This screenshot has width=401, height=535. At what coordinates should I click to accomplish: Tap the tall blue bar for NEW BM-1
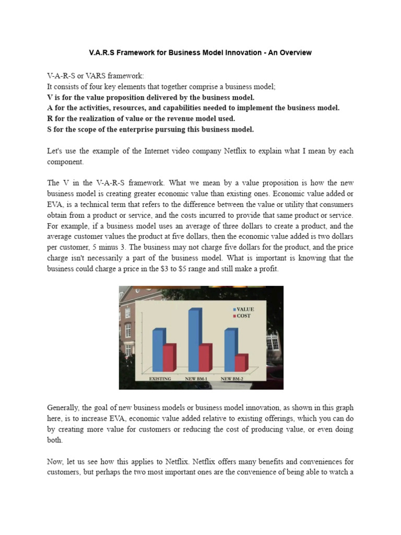click(194, 340)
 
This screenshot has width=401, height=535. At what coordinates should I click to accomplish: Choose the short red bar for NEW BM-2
click(241, 363)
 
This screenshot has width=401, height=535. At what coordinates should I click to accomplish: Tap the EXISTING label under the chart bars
click(161, 378)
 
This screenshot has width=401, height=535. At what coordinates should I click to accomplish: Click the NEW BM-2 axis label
click(232, 378)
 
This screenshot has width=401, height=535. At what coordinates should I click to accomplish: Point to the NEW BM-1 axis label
click(196, 378)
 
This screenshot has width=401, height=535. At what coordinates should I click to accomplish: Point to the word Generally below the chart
click(64, 407)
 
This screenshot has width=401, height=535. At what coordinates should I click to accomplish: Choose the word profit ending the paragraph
click(268, 269)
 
